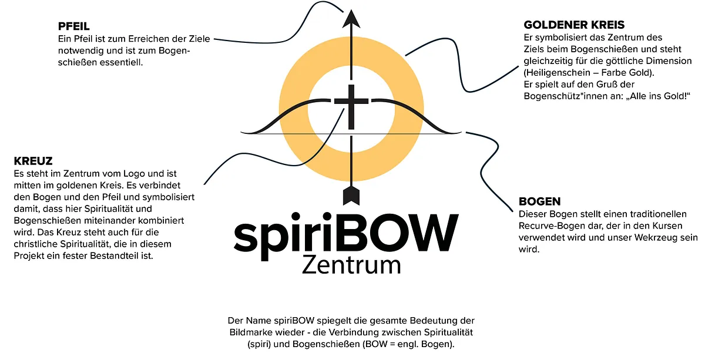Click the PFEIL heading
tap(73, 26)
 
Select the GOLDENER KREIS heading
tap(574, 25)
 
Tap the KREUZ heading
tap(33, 161)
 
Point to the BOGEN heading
tap(540, 201)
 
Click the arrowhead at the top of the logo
tap(351, 19)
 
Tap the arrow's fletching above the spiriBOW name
tap(351, 195)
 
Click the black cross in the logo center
tap(351, 106)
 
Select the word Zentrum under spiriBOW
tap(351, 265)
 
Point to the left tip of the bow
tap(241, 133)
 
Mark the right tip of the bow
tap(461, 133)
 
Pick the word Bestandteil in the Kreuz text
tap(114, 256)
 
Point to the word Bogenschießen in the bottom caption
tap(325, 344)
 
